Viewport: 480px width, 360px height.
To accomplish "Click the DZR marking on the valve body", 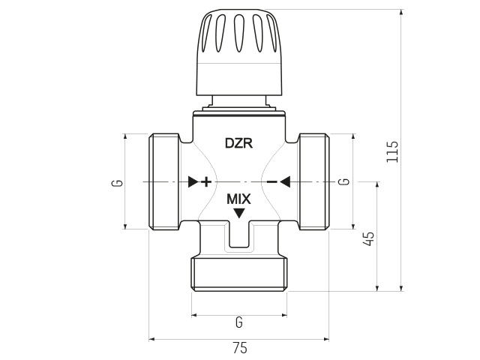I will click(238, 142).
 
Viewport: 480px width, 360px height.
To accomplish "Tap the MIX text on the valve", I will click(238, 199).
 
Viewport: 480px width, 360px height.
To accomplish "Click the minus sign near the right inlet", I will click(271, 181).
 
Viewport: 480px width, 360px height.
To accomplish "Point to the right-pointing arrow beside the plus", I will click(193, 181).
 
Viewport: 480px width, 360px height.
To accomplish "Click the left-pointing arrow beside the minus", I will click(285, 181).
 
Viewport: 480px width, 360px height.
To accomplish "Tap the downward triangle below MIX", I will click(238, 214).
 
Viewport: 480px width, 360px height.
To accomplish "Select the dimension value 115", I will click(392, 151).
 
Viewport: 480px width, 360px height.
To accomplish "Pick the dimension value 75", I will click(239, 348).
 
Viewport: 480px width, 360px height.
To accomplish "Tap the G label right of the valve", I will click(343, 181).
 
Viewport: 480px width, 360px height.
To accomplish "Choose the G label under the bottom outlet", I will click(238, 322).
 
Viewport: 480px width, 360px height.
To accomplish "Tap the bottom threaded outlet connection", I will click(239, 273).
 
